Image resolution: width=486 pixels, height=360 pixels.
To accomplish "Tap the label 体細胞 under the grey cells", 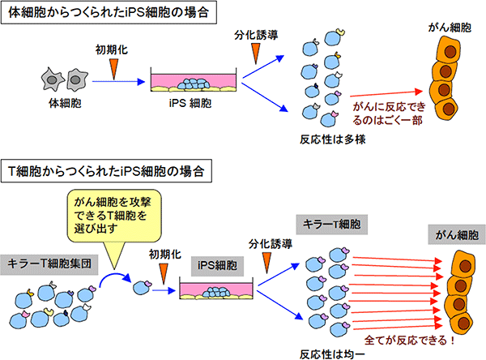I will [65, 104].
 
